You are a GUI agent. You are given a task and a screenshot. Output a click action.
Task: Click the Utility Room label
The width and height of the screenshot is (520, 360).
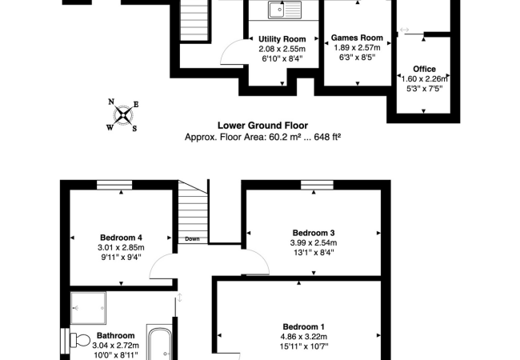click(x=282, y=39)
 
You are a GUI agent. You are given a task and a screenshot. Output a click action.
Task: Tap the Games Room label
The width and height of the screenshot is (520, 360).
click(x=357, y=38)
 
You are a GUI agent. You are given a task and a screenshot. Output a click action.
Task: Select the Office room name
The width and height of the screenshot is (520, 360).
click(x=424, y=69)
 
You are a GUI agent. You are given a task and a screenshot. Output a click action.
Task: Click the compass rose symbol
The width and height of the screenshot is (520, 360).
click(x=123, y=115)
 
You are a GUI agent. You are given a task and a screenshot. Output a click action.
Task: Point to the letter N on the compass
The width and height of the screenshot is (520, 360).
click(x=111, y=102)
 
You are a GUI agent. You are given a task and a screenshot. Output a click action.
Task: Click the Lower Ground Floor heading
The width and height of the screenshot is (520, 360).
click(x=262, y=126)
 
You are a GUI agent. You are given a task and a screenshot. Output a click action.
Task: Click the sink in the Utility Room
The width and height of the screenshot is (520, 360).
click(x=285, y=10)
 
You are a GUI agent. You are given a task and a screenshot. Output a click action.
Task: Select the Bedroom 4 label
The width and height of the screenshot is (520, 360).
click(x=121, y=238)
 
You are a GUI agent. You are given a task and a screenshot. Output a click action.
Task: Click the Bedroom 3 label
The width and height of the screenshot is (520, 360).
click(x=314, y=233)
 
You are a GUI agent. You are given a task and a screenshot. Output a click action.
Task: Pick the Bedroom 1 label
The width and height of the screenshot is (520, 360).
click(x=303, y=327)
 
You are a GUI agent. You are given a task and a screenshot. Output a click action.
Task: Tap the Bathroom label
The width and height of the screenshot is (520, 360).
click(x=115, y=335)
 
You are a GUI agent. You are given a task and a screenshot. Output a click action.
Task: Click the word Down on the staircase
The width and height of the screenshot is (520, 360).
click(x=192, y=238)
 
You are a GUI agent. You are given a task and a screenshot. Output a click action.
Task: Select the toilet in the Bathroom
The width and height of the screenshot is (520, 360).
click(x=80, y=340)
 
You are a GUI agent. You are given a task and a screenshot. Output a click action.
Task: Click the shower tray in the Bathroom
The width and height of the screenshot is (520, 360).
click(x=88, y=308)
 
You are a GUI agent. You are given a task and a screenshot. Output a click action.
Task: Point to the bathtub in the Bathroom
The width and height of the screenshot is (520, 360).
click(x=159, y=342)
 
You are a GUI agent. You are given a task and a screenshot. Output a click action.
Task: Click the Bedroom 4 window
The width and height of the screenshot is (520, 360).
click(x=114, y=185)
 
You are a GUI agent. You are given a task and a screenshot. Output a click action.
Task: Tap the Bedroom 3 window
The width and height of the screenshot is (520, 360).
click(x=317, y=185)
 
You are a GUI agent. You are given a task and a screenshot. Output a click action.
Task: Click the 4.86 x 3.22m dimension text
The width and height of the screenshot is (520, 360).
click(x=304, y=337)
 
